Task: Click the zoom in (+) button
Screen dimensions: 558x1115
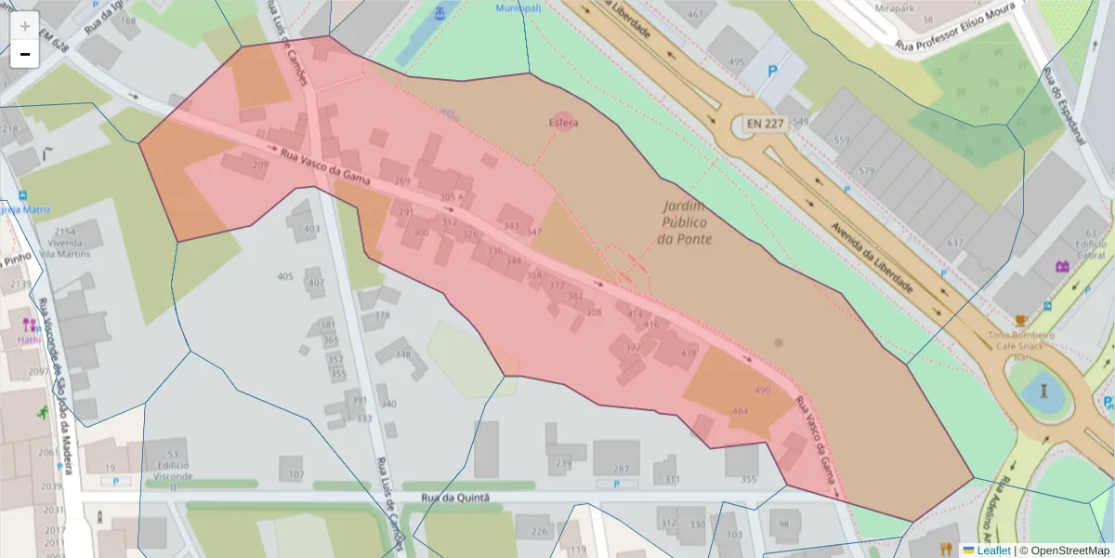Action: (25, 26)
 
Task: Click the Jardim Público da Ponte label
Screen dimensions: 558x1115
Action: (684, 222)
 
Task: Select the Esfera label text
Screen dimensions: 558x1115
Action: (563, 123)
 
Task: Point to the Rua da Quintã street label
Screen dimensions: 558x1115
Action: (454, 498)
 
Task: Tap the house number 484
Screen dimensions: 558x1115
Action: (741, 410)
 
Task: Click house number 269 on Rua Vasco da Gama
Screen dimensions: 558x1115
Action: (401, 181)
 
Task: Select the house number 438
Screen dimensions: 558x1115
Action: (689, 353)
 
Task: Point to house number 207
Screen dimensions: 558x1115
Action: (260, 166)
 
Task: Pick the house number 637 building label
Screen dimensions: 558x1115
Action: (955, 244)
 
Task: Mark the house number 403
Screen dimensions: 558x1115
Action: (312, 229)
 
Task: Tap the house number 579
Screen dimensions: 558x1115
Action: (867, 171)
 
